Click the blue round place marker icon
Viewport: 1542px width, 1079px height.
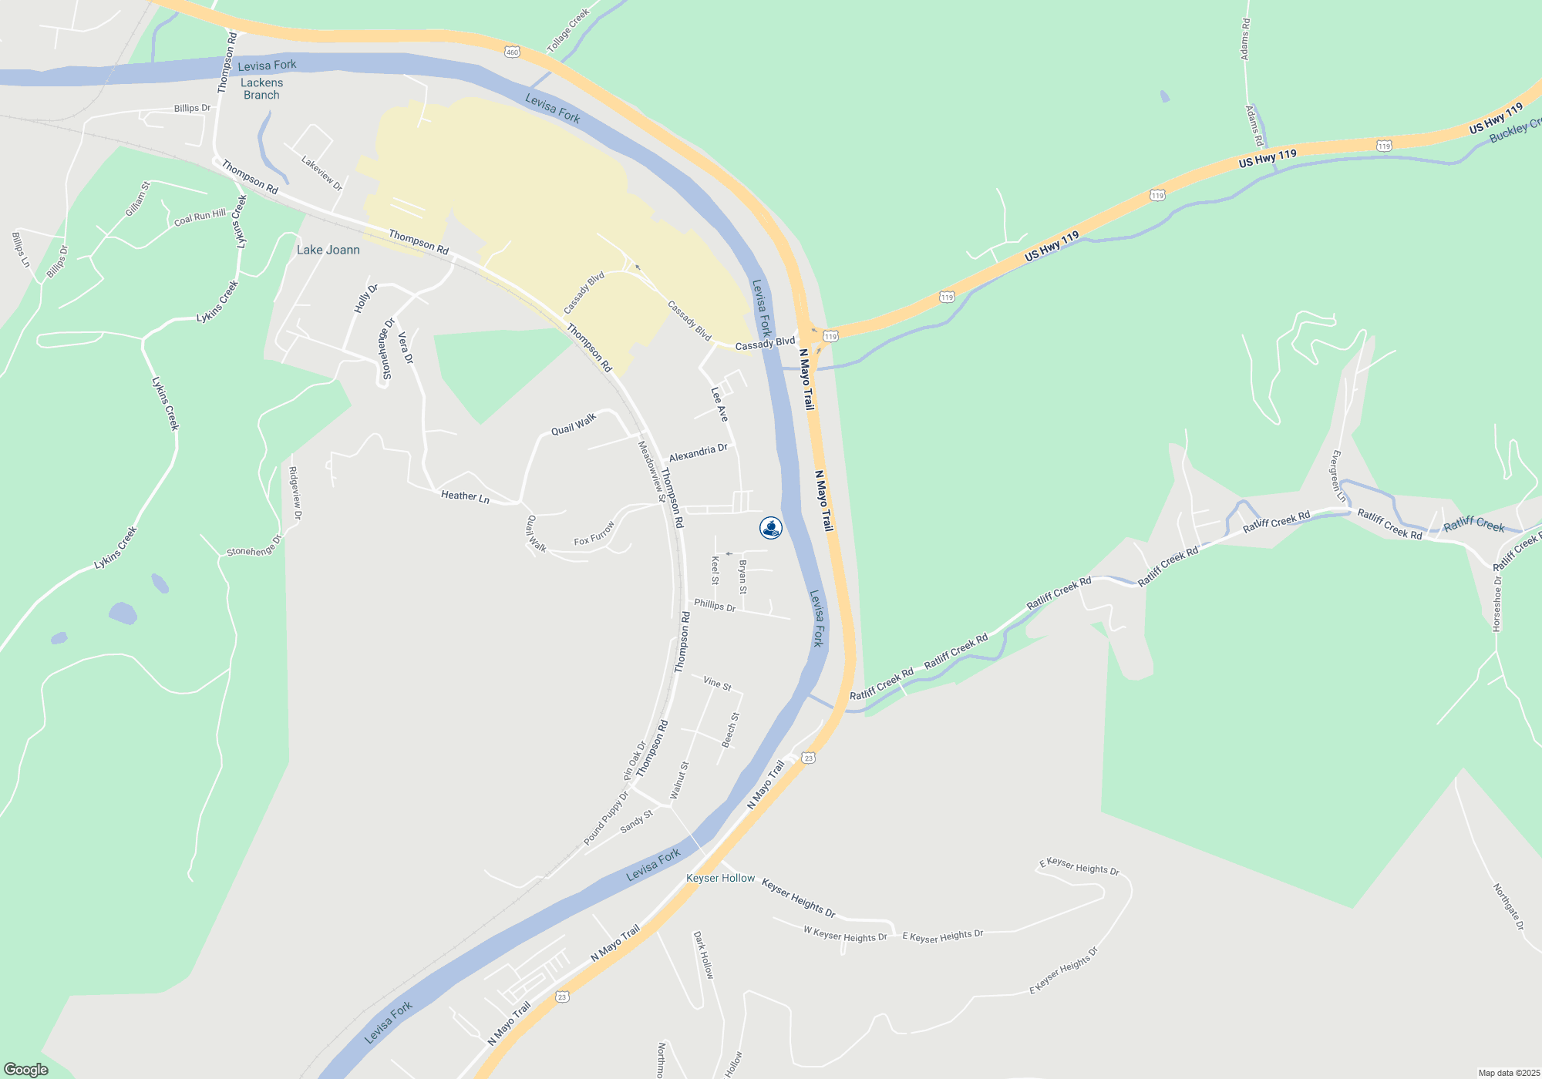tap(771, 528)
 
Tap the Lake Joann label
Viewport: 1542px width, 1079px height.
tap(328, 250)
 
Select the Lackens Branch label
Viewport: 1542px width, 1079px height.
tap(261, 89)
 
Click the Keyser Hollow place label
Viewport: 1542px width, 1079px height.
tap(721, 878)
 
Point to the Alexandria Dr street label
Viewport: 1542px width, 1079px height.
tap(699, 452)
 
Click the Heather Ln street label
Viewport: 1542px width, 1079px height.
tap(465, 496)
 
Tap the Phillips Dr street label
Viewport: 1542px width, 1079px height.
tap(715, 605)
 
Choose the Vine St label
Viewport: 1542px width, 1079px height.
tap(717, 683)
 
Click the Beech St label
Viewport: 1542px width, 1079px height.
tap(730, 729)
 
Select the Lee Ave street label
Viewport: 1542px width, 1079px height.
tap(719, 404)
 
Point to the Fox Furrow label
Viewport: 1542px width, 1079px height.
tap(594, 533)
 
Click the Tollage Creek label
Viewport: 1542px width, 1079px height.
tap(568, 31)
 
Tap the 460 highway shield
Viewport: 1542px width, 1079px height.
tap(513, 52)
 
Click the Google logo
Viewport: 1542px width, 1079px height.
tap(26, 1070)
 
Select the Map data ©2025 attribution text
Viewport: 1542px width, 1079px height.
tap(1508, 1073)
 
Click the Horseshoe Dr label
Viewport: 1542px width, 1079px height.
tap(1497, 604)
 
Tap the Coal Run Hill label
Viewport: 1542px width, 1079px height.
tap(200, 217)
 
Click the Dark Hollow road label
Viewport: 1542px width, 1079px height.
tap(704, 955)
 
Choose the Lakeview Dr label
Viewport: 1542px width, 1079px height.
tap(322, 173)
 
